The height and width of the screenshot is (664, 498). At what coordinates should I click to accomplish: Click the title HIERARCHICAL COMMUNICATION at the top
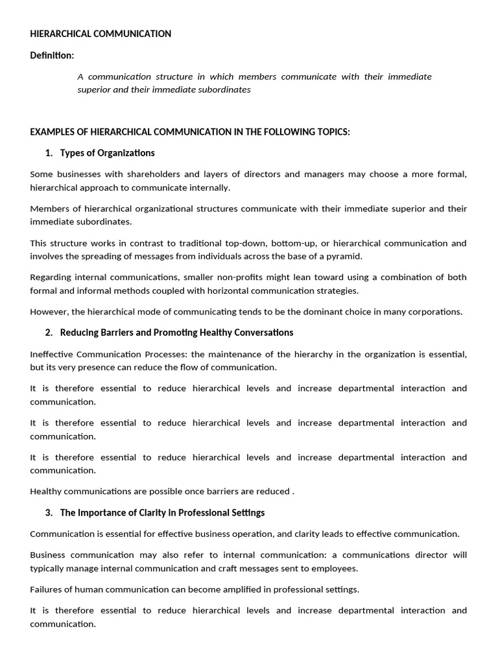click(x=101, y=34)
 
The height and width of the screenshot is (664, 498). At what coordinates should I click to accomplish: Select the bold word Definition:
click(x=52, y=55)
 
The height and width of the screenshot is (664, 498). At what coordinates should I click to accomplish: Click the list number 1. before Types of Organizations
click(x=49, y=153)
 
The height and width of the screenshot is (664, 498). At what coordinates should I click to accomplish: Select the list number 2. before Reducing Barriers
click(x=49, y=333)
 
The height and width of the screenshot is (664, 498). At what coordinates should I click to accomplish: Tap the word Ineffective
click(x=52, y=354)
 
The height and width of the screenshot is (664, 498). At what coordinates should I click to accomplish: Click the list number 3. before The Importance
click(x=49, y=513)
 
